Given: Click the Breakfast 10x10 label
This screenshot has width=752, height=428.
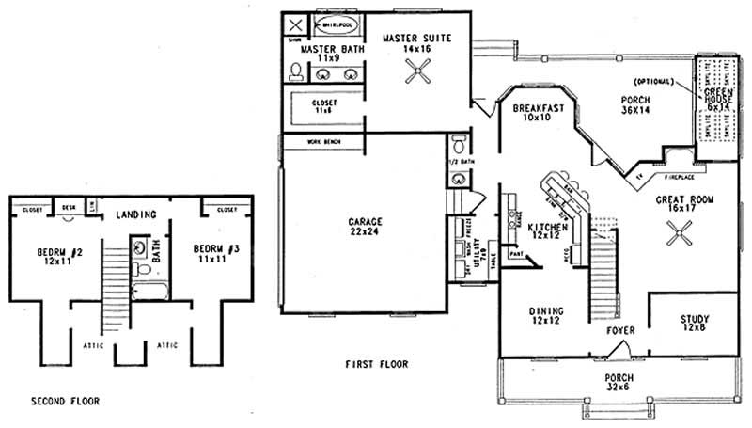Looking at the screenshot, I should coord(539,113).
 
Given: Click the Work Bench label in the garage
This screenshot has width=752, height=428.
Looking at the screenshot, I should coord(323,142).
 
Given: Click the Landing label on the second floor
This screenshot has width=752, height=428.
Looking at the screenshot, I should coord(135,214).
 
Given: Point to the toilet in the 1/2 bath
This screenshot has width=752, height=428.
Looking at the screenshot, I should coord(457,145).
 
